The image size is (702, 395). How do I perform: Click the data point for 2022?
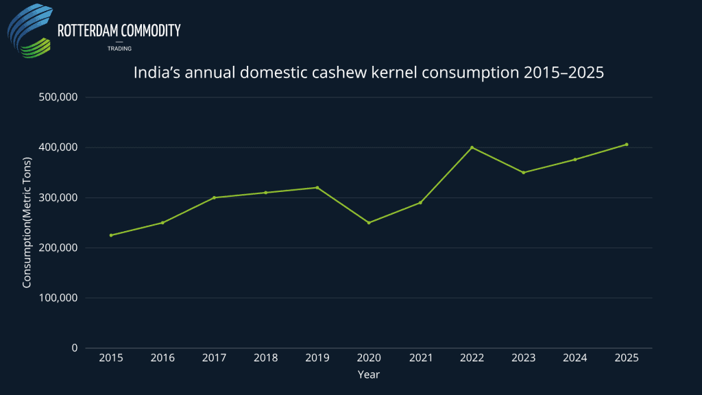coord(472,147)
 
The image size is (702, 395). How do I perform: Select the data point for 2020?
coord(369,223)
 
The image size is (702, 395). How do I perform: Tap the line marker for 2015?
coord(111,235)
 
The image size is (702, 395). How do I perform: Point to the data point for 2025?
coord(627,145)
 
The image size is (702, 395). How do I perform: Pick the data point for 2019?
coord(317,187)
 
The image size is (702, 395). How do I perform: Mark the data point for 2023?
coord(524,172)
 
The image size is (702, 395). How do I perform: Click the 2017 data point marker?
coord(214,197)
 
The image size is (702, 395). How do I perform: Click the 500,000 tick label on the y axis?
coord(58,97)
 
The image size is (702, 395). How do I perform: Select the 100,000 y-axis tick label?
coord(58,298)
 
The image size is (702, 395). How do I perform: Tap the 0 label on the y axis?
coord(74,348)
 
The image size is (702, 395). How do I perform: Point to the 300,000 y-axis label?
coord(58,197)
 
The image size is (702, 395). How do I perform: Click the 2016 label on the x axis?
coord(162,358)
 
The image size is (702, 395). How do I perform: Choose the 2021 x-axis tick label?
coord(420,358)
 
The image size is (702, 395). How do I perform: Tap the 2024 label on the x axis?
coord(575,358)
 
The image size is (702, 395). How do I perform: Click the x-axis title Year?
coord(368,375)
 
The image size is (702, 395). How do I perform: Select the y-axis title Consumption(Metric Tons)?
coord(27,223)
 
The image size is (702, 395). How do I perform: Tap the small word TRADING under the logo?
coord(119,49)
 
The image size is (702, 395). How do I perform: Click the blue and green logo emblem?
coord(30,32)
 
